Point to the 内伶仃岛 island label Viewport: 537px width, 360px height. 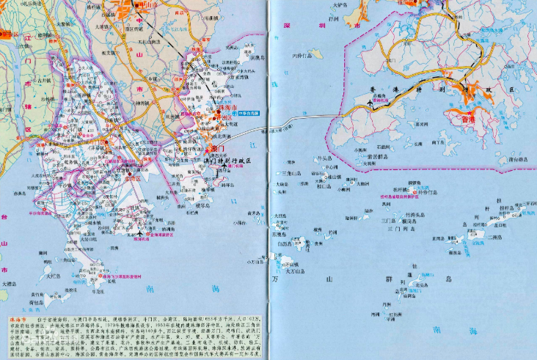(x=300, y=55)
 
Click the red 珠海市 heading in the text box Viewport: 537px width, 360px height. (x=17, y=321)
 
